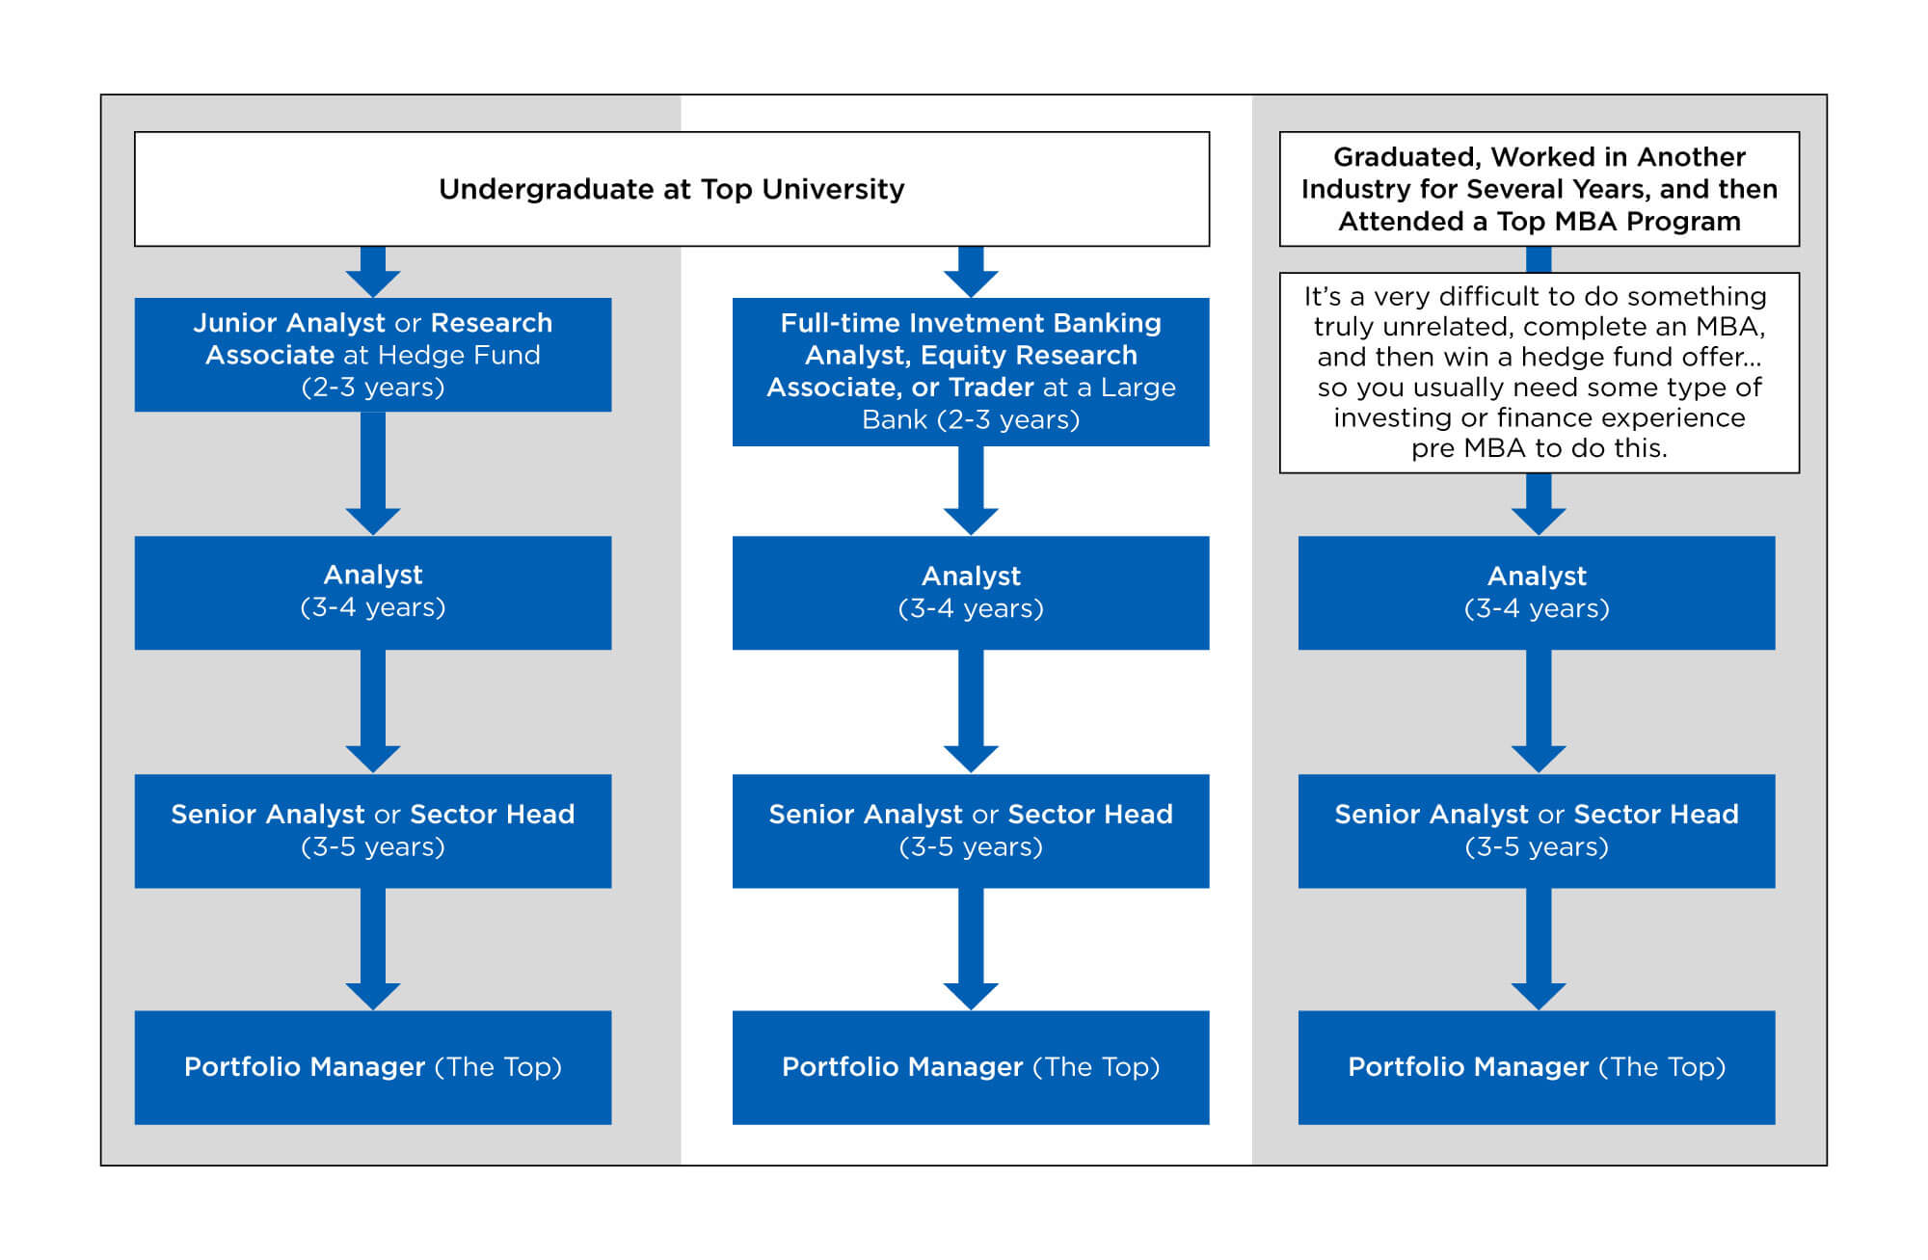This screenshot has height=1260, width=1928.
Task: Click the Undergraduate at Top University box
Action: point(671,189)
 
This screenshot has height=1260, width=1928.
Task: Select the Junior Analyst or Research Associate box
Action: point(372,354)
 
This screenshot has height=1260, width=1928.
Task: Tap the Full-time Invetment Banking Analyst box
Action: point(970,371)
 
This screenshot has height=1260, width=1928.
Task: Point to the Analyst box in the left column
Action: point(372,592)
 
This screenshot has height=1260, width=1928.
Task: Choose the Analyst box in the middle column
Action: point(970,592)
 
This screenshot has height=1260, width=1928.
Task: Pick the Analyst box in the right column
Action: point(1536,592)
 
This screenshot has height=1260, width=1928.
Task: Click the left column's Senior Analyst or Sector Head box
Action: point(372,830)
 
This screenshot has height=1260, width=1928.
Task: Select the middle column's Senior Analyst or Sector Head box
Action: point(970,830)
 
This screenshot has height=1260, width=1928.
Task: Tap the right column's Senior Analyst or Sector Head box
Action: point(1536,830)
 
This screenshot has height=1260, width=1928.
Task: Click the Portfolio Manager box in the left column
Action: point(372,1066)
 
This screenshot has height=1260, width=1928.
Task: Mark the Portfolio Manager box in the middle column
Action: point(970,1066)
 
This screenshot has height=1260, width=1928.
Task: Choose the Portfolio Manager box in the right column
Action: point(1536,1066)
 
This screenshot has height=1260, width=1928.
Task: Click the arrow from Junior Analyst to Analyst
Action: point(372,472)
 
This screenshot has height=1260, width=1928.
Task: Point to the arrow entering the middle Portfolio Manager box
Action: point(970,949)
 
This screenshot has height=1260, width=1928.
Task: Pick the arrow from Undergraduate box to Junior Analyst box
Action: point(372,272)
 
